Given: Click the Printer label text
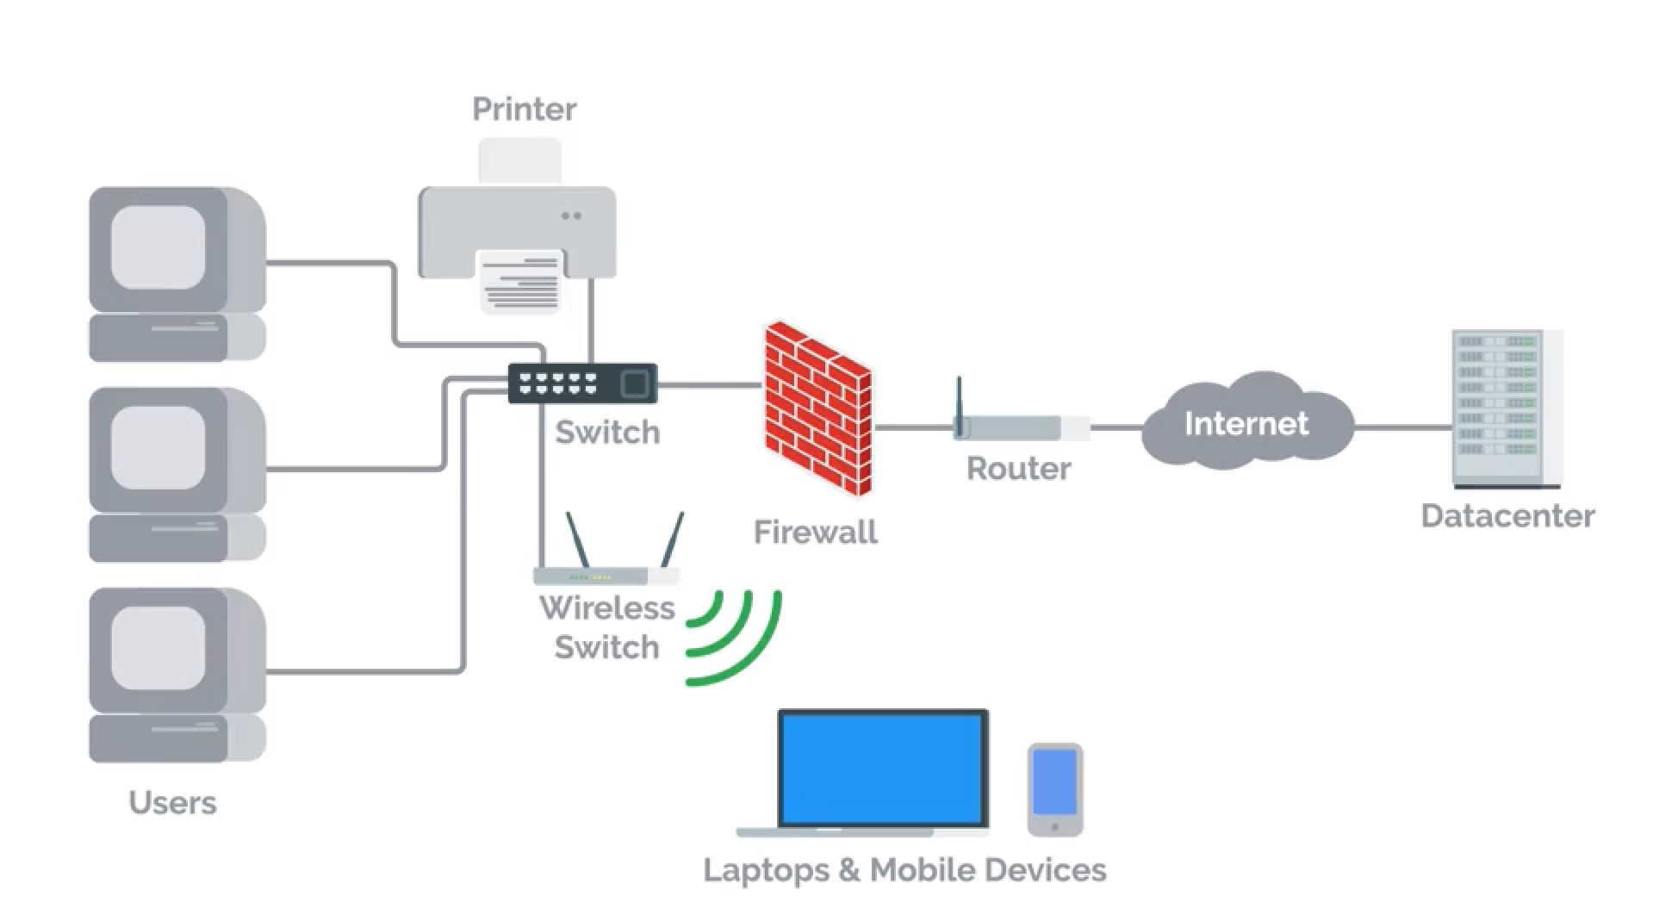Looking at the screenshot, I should [x=524, y=109].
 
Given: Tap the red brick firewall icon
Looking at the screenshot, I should [x=817, y=407].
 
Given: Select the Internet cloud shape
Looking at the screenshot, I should [x=1246, y=422].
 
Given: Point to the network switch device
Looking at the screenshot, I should [x=582, y=383].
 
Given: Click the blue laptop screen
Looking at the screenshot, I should [x=883, y=769].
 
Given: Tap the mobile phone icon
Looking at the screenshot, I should [x=1054, y=789].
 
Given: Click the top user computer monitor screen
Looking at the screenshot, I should [x=158, y=247].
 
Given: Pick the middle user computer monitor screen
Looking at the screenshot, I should [x=158, y=448].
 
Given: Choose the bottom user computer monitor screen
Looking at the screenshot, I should [x=158, y=648].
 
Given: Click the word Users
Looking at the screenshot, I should [x=172, y=802].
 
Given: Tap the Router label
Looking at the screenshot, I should [x=1018, y=469].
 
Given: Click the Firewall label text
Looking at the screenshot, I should [x=815, y=532].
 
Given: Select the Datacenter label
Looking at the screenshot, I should [x=1507, y=516].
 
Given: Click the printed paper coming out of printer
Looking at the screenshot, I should [x=519, y=283].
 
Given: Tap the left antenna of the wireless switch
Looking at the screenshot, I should [x=577, y=539].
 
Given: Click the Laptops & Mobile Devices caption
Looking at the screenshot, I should [x=904, y=869].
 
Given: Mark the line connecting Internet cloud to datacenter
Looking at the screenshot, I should [x=1402, y=427].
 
